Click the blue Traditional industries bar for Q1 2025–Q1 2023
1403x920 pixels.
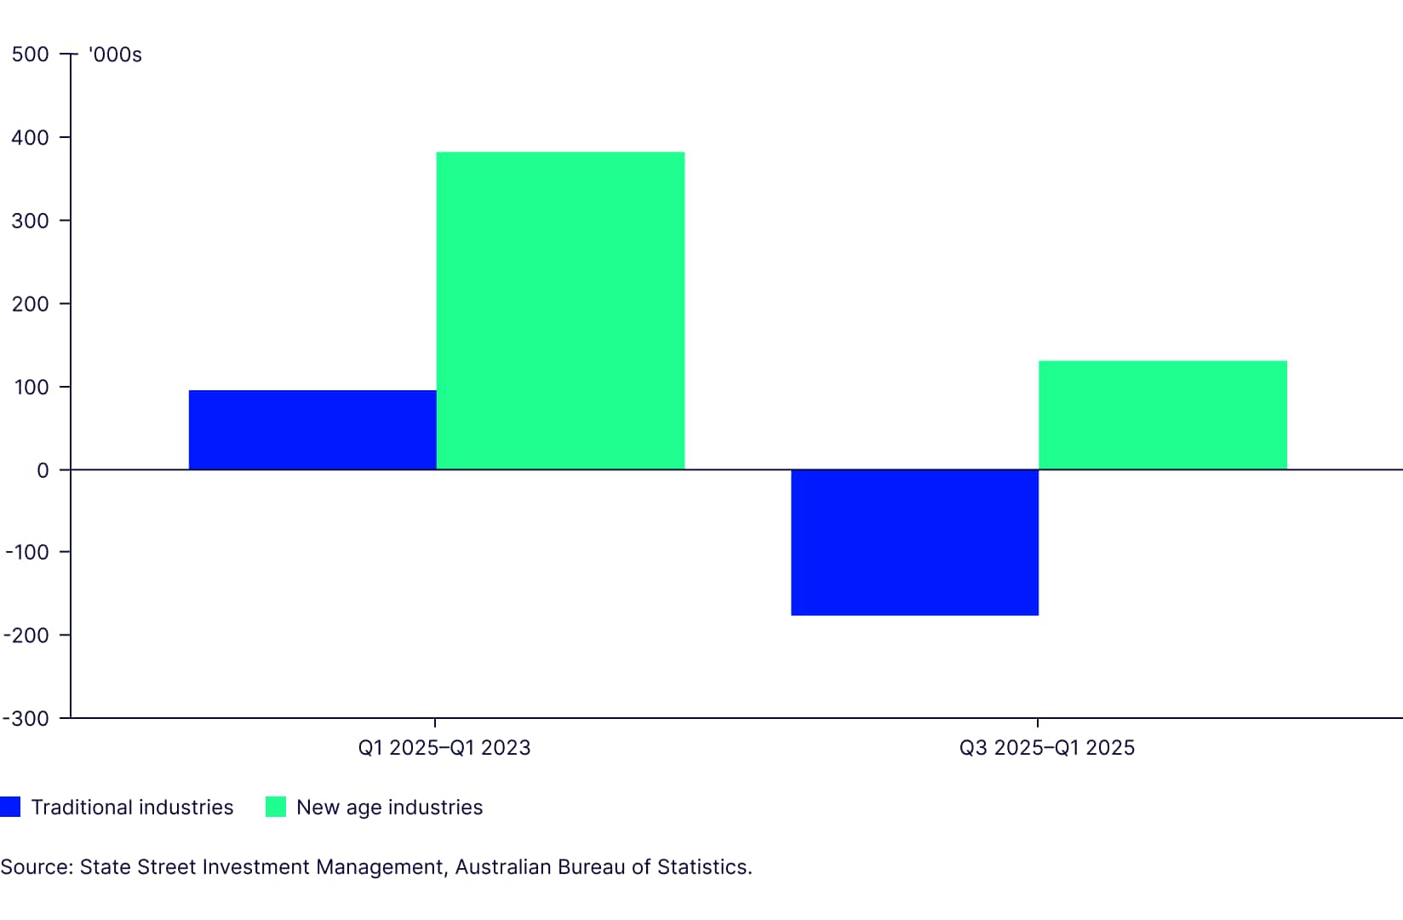pyautogui.click(x=312, y=429)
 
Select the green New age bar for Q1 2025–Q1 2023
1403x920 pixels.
pyautogui.click(x=560, y=311)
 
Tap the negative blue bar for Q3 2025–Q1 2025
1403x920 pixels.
pyautogui.click(x=914, y=542)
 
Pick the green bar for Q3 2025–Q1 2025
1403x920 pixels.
pyautogui.click(x=1162, y=415)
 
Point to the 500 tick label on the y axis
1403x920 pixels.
pyautogui.click(x=31, y=55)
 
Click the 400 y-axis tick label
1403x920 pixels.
pyautogui.click(x=31, y=137)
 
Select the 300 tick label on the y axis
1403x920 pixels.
pyautogui.click(x=31, y=221)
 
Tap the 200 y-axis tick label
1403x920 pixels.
pyautogui.click(x=31, y=303)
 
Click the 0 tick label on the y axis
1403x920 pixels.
pyautogui.click(x=43, y=470)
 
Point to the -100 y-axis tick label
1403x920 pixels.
pyautogui.click(x=27, y=552)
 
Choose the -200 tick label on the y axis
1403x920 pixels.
pyautogui.click(x=27, y=635)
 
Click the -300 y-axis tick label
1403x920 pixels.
pyautogui.click(x=27, y=718)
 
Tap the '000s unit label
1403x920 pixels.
pyautogui.click(x=115, y=55)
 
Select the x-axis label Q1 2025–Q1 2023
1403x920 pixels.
pyautogui.click(x=444, y=748)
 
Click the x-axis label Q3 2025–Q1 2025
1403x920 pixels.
pyautogui.click(x=1046, y=748)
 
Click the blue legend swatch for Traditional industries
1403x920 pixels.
pyautogui.click(x=10, y=807)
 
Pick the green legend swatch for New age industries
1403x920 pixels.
pyautogui.click(x=276, y=807)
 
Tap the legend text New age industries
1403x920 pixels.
pyautogui.click(x=389, y=807)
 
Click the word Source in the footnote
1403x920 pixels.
pyautogui.click(x=35, y=867)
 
